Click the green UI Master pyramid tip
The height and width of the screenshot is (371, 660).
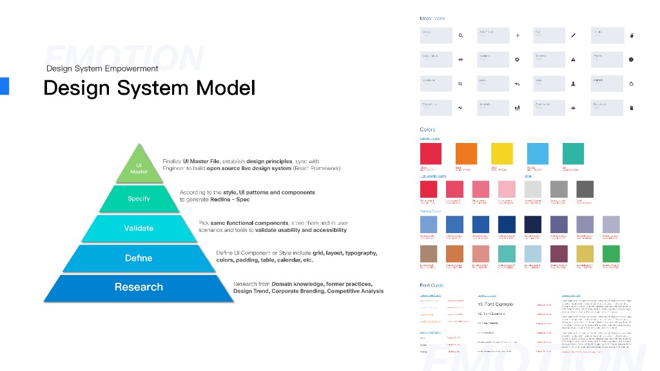139,167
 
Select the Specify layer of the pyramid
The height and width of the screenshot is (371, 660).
139,199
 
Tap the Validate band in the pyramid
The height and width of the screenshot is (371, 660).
139,228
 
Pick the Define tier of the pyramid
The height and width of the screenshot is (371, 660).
139,258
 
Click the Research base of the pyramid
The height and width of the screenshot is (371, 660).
139,287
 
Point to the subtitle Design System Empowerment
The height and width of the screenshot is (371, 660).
102,68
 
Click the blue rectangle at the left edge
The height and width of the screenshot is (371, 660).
4,86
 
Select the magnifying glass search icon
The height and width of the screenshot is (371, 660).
460,35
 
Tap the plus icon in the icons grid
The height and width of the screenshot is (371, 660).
517,35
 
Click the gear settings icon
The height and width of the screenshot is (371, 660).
517,59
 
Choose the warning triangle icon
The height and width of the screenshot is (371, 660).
573,59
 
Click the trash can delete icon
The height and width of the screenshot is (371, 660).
631,35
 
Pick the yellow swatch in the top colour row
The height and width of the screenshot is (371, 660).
502,154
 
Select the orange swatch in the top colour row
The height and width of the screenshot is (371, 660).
466,154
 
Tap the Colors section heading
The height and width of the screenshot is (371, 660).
427,129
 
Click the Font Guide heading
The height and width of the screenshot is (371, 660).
431,285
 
